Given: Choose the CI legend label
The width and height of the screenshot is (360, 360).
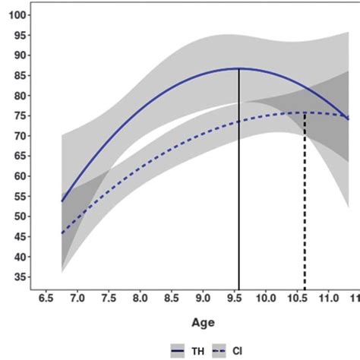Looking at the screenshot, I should [247, 350].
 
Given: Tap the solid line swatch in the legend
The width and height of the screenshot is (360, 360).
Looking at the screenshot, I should [179, 350].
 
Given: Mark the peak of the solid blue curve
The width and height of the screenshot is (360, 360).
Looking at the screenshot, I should [239, 68].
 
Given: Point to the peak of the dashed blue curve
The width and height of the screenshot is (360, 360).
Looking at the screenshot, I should [305, 113].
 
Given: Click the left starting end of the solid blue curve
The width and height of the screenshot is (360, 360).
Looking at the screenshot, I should [62, 201].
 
